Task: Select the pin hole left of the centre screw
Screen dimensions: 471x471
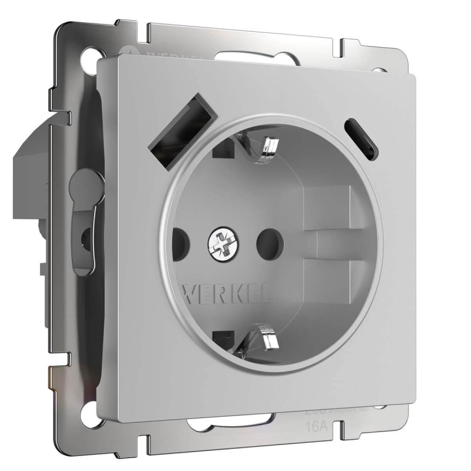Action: tap(179, 241)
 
